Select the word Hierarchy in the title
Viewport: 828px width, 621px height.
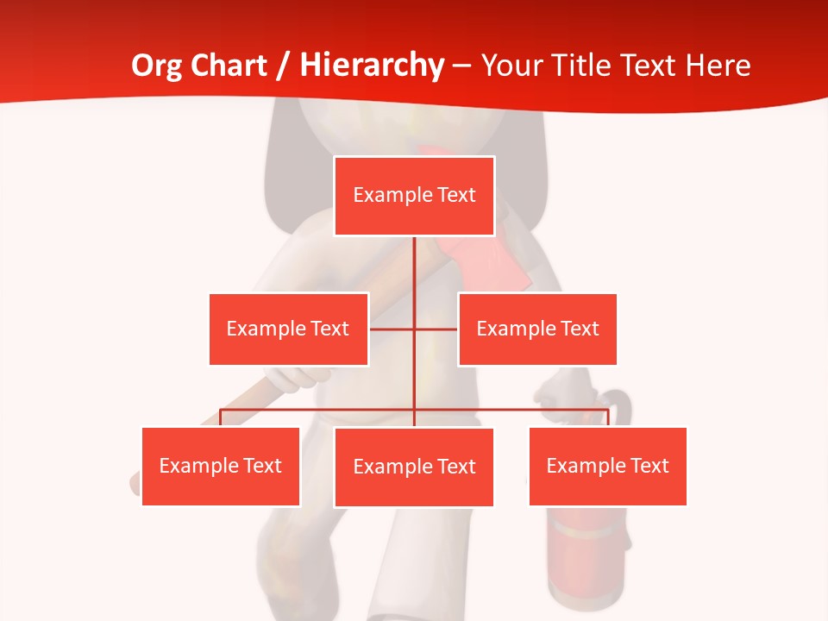(372, 66)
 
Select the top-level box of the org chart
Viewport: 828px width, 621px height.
(414, 196)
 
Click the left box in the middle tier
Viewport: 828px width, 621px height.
(288, 329)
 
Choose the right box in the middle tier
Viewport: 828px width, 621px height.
(537, 329)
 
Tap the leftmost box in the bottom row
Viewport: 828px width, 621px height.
(220, 466)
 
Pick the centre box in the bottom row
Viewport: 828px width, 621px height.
(414, 467)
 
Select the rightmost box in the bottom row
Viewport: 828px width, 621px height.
(607, 466)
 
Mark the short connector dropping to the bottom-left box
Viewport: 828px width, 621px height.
(220, 417)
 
